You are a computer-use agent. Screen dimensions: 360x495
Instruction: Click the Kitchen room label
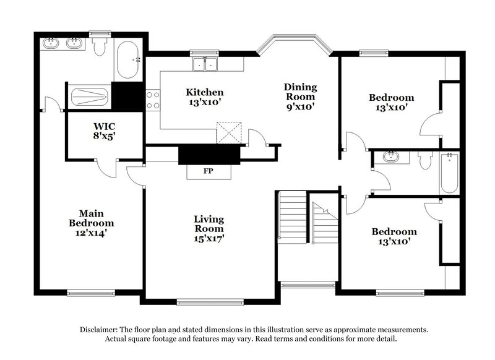(x=205, y=98)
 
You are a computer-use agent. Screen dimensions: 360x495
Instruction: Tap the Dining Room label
(x=300, y=96)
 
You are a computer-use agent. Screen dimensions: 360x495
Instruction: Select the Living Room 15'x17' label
(x=209, y=229)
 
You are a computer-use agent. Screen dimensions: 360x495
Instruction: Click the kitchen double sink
(x=205, y=62)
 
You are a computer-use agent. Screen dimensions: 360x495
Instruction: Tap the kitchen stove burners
(x=152, y=100)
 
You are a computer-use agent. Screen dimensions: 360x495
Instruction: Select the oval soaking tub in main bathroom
(x=129, y=60)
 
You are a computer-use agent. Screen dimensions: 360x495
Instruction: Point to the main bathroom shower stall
(x=90, y=97)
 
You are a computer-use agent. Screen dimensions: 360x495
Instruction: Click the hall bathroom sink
(x=390, y=157)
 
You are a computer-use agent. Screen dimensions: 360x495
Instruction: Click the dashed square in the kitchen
(x=227, y=132)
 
